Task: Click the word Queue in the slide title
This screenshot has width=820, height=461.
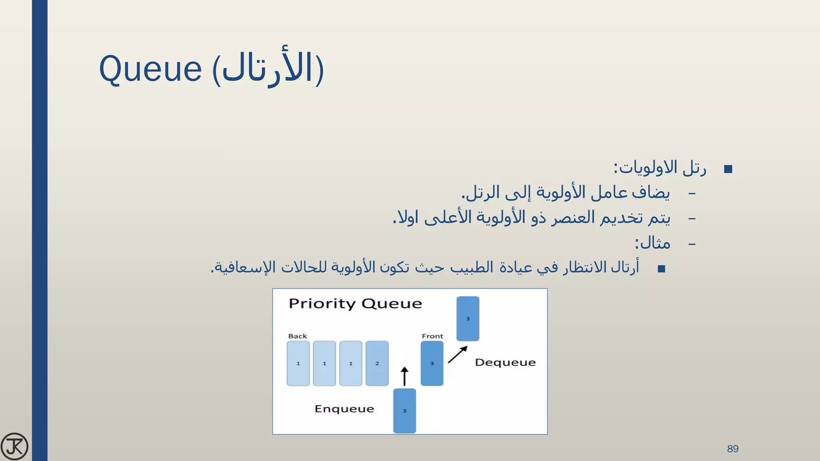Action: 150,69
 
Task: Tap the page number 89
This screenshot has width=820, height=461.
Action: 733,449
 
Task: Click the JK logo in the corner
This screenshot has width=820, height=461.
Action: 14,446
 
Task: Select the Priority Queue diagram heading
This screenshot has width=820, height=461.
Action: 355,304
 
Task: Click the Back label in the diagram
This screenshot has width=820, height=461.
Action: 297,336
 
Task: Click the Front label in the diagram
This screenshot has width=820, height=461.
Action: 432,336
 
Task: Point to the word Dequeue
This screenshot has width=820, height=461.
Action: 505,363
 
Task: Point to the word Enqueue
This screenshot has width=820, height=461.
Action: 344,409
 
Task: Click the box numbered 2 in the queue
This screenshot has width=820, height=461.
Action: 377,363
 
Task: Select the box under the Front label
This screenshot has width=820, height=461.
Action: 432,363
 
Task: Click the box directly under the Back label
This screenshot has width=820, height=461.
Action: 298,363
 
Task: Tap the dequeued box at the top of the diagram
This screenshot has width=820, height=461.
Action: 468,319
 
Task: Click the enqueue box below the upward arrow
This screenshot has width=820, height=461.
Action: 404,411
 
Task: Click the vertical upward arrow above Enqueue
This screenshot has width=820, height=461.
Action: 404,377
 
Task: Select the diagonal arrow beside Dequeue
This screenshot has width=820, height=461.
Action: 457,355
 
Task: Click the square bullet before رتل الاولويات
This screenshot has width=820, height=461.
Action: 728,169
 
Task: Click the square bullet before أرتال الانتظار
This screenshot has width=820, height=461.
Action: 661,269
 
